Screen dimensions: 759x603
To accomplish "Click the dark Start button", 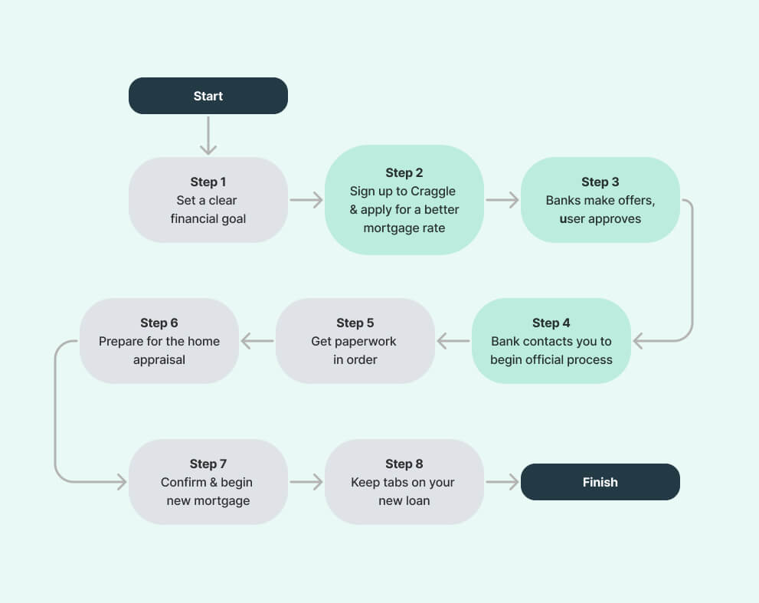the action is click(x=208, y=96).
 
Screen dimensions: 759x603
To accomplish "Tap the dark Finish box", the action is click(x=600, y=482).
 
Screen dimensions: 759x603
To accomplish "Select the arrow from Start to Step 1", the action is click(x=208, y=136).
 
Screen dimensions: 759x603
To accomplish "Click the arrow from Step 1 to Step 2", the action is click(x=306, y=199).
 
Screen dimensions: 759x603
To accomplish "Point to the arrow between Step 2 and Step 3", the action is click(x=502, y=199).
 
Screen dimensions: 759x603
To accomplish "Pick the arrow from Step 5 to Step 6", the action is click(x=257, y=341).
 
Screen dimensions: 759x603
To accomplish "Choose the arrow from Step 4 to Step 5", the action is click(x=453, y=341).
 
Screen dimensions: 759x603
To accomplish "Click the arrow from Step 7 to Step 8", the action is click(x=306, y=482).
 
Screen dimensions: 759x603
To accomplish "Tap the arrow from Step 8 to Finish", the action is click(x=502, y=482).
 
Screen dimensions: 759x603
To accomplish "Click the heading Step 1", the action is click(x=208, y=182).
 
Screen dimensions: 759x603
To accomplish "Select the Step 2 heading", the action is click(x=404, y=172).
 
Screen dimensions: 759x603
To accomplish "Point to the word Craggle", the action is click(x=433, y=192).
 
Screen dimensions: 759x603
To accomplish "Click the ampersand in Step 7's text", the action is click(x=214, y=482).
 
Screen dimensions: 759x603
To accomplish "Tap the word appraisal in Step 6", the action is click(x=159, y=360).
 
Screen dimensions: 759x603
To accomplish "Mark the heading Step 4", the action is click(x=551, y=323).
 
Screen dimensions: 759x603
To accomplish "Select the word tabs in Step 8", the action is click(x=394, y=482).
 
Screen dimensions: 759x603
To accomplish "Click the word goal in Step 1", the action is click(x=234, y=219).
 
